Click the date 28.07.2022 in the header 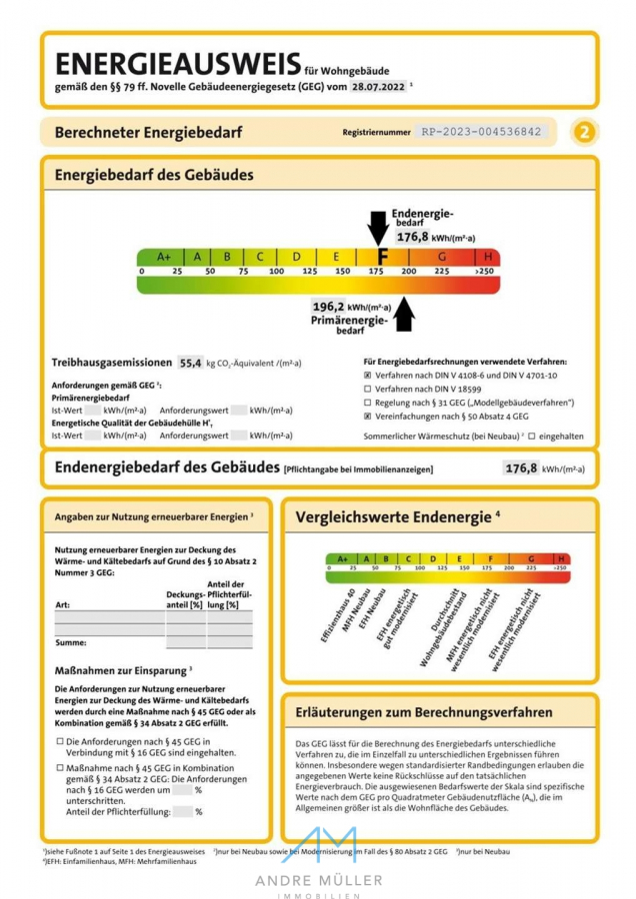[x=377, y=87]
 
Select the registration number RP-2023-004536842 [x=481, y=132]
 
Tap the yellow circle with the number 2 [x=585, y=132]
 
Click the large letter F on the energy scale [x=381, y=257]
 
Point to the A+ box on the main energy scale [x=163, y=257]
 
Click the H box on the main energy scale [x=488, y=257]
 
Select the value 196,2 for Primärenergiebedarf [x=328, y=307]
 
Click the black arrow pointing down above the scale [x=379, y=228]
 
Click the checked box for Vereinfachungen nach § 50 [x=368, y=415]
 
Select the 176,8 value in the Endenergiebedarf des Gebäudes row [x=521, y=467]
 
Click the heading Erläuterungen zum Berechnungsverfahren [x=423, y=713]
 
